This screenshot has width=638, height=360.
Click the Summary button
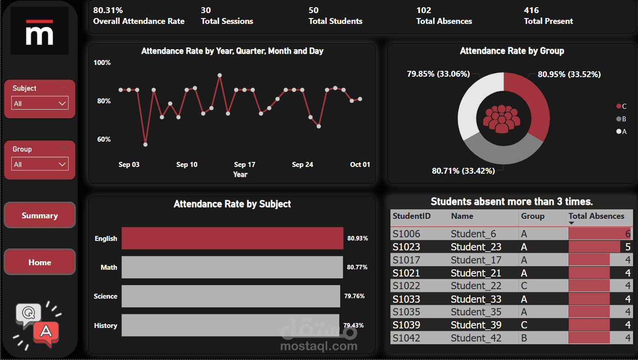[40, 215]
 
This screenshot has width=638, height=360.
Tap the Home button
[40, 262]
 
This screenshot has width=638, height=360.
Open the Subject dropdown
[40, 103]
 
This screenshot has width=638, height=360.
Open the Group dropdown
[40, 164]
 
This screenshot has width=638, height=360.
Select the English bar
[232, 238]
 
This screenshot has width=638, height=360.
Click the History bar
[230, 325]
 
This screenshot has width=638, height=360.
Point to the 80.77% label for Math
[357, 267]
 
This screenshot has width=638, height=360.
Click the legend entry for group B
[621, 119]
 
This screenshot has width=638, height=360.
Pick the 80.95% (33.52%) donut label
[569, 74]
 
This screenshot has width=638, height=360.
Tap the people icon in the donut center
[501, 119]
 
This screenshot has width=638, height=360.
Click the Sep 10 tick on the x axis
[187, 165]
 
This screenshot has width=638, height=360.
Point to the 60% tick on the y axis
[104, 139]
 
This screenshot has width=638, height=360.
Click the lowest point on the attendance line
[145, 144]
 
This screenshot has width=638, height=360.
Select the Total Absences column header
[596, 216]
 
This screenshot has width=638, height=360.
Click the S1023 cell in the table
[406, 247]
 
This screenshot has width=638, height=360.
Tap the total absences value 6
[628, 234]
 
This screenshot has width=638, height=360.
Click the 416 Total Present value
[531, 10]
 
